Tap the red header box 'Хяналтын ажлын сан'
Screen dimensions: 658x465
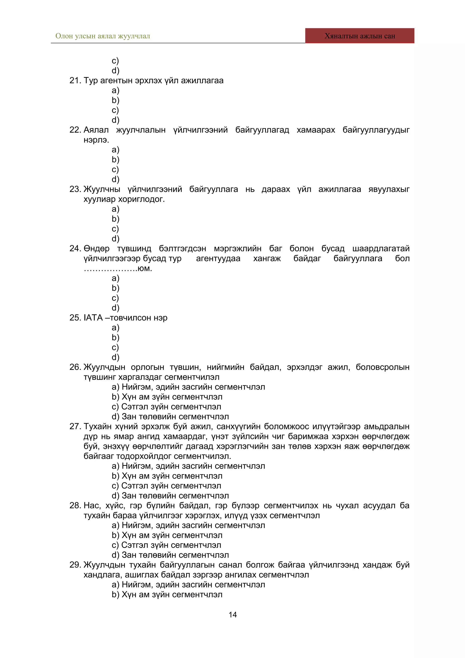[360, 36]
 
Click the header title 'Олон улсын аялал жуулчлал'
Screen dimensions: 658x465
[103, 36]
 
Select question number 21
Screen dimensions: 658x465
[75, 81]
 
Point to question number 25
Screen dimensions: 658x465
[75, 318]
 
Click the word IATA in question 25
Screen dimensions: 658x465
[93, 318]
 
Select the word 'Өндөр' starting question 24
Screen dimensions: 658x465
[96, 248]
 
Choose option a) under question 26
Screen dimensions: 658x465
[188, 387]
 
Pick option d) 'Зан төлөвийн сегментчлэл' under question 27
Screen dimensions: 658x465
[170, 495]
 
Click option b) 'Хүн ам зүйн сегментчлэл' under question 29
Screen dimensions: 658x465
[167, 594]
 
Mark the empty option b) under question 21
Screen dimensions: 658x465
[116, 100]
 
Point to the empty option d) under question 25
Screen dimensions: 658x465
[116, 357]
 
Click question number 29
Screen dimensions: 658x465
[75, 565]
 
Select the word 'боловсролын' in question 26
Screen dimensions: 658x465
[383, 367]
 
